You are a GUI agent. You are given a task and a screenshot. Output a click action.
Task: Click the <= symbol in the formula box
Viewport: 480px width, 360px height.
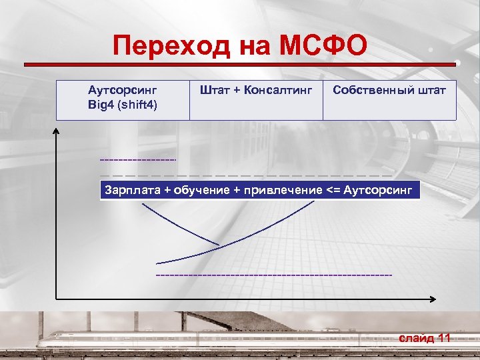(334, 190)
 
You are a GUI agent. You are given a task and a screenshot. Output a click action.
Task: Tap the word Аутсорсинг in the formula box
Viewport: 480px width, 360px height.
(379, 190)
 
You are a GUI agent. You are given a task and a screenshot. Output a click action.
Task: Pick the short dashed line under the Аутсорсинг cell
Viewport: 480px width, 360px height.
(137, 160)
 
